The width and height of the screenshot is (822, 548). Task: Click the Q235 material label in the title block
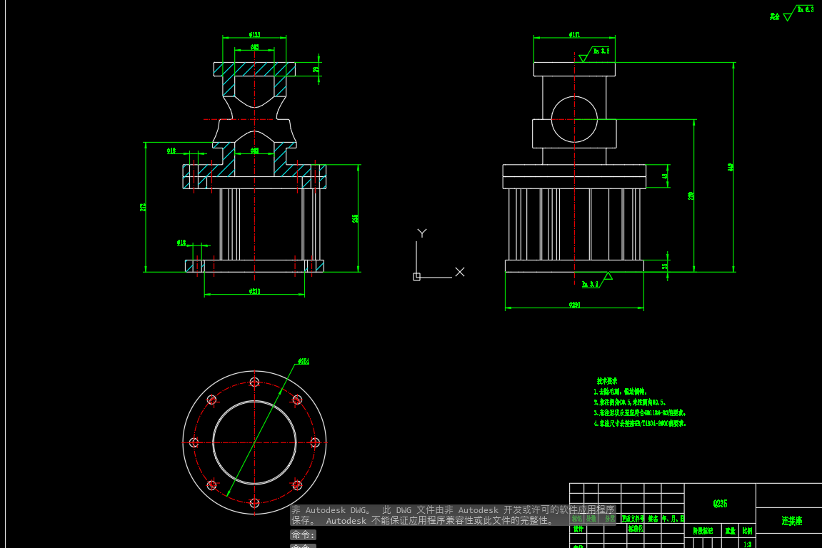point(720,504)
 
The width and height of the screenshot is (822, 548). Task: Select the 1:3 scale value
point(747,544)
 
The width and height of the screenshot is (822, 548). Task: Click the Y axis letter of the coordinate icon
point(422,233)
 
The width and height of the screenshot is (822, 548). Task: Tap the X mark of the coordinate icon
point(460,272)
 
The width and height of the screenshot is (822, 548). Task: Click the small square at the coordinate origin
point(416,277)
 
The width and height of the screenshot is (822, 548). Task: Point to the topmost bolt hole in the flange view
point(254,382)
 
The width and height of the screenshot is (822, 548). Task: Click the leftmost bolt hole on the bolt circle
point(194,442)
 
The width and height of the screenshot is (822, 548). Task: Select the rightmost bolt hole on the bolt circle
point(315,442)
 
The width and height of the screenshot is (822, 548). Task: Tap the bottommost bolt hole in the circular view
point(254,503)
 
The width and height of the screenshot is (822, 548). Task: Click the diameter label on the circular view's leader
point(304,361)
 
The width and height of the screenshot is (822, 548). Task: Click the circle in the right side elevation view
point(574,119)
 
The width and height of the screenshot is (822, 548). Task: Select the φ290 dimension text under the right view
point(574,305)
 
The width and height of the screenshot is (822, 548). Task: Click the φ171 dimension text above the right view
point(574,34)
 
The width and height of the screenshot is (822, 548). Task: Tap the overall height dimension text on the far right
point(731,167)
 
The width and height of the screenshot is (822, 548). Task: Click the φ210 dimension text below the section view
point(254,291)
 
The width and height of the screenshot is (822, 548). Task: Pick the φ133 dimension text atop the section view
point(254,34)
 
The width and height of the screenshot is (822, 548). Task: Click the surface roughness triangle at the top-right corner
point(788,16)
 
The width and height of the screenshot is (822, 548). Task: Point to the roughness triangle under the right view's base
point(608,276)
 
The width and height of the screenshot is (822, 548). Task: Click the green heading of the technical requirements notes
point(607,381)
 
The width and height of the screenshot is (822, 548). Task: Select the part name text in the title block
point(791,521)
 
